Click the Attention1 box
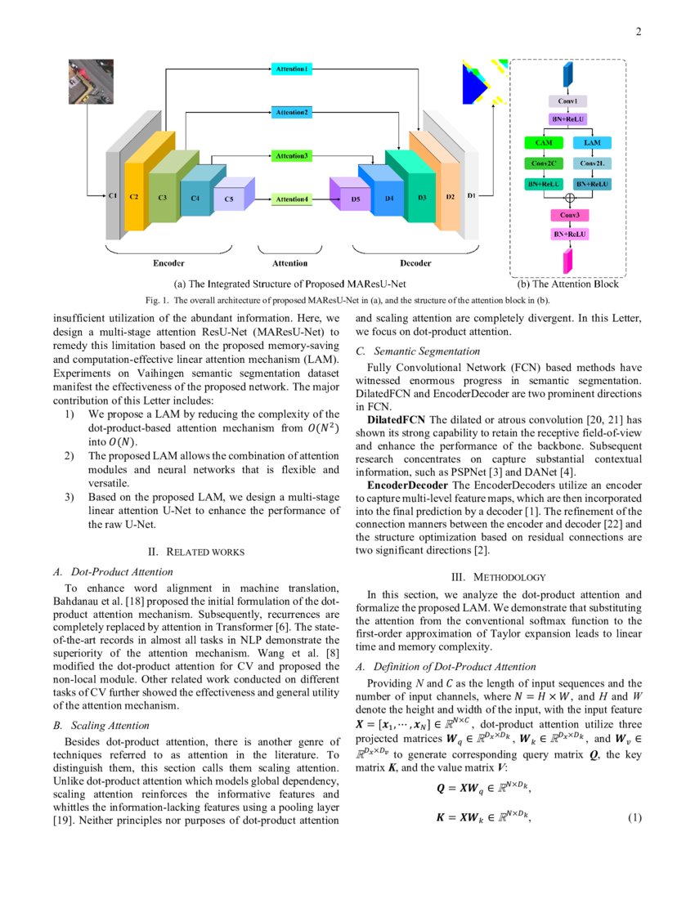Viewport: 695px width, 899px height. [x=290, y=70]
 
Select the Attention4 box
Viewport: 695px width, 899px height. [x=291, y=199]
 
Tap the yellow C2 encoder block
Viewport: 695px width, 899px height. [x=135, y=196]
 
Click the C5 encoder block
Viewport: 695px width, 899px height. [x=229, y=199]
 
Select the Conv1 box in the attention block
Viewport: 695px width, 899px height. [x=567, y=102]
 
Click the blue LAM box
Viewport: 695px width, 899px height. [x=592, y=143]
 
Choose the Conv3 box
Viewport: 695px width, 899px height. [x=567, y=215]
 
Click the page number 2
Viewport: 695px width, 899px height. [x=638, y=32]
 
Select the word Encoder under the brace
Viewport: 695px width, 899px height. [x=168, y=263]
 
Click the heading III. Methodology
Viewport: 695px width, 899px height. [x=499, y=577]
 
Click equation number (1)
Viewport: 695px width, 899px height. [x=634, y=818]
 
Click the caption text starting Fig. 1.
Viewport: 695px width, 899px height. [x=347, y=300]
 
